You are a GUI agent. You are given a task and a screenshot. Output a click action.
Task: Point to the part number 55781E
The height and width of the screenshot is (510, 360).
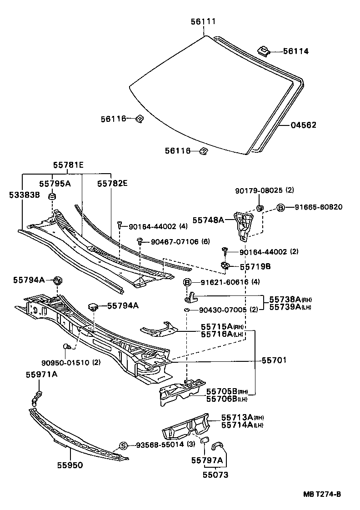click(x=67, y=166)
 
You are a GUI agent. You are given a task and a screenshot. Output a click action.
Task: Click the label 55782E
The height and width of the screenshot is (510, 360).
click(x=112, y=183)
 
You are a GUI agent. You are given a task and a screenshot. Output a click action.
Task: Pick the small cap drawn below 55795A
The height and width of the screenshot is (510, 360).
click(x=53, y=196)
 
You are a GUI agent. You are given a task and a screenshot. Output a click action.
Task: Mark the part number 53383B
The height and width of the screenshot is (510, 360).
click(x=24, y=195)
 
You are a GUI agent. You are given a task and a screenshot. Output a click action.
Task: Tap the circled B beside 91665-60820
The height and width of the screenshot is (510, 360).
click(x=280, y=207)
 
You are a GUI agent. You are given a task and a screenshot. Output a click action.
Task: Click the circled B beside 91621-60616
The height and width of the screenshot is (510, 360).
click(x=187, y=282)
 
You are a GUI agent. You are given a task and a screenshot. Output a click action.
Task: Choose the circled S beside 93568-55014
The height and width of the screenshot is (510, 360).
click(x=123, y=445)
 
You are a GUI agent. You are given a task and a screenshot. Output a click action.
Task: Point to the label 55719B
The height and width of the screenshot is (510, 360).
click(x=255, y=266)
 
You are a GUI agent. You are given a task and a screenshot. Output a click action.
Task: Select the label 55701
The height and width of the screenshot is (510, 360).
click(x=274, y=360)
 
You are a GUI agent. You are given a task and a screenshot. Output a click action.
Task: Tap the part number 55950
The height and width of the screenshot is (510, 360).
click(x=70, y=465)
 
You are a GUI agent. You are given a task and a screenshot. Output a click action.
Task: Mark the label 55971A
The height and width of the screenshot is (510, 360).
click(x=41, y=374)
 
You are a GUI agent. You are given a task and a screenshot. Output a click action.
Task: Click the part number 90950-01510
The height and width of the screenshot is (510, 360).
click(x=65, y=362)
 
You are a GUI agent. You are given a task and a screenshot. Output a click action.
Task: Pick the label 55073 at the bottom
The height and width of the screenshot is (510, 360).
click(x=215, y=475)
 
